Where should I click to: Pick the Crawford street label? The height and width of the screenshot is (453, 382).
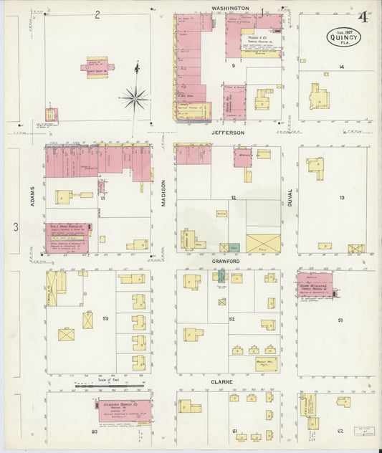pos(228,262)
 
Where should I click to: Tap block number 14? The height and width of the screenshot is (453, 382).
pos(342,67)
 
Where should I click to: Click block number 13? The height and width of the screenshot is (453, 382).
pos(342,197)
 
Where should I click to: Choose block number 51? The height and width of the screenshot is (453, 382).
pos(340,320)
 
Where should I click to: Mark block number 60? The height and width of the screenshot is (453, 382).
pos(94,432)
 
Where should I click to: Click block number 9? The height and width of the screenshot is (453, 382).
pos(233,65)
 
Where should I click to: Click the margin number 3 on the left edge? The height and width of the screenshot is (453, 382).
pos(15,228)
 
